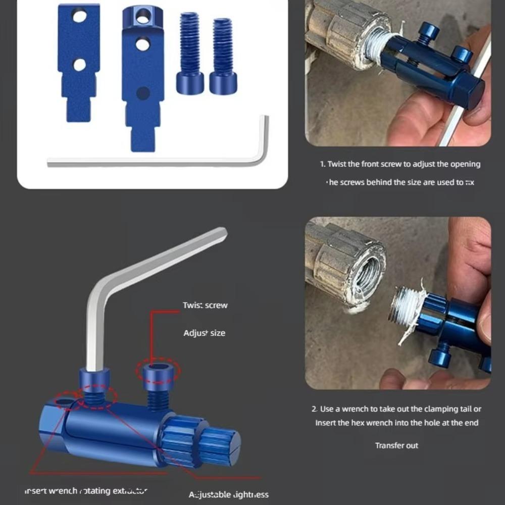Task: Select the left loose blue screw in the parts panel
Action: [x=190, y=56]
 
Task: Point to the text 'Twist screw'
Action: [x=205, y=305]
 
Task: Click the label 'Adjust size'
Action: [x=204, y=333]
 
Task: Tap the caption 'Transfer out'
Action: [x=396, y=445]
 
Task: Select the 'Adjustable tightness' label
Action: [x=229, y=494]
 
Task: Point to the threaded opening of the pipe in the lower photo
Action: [x=364, y=270]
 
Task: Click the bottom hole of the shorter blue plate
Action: [x=79, y=65]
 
